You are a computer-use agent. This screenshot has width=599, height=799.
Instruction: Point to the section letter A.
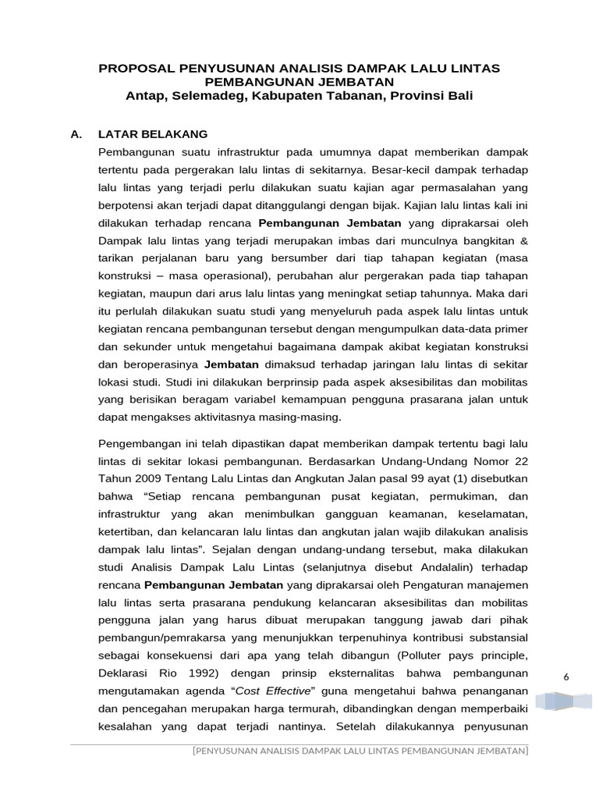coord(76,133)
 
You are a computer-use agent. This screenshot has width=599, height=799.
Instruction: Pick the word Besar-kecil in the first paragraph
coord(400,168)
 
